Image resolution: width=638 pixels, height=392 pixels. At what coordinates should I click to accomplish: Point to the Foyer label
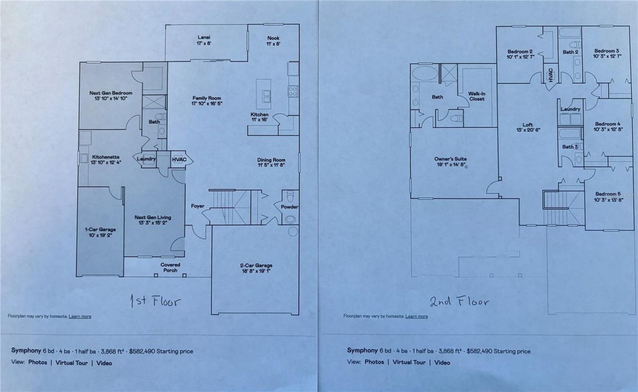click(x=198, y=206)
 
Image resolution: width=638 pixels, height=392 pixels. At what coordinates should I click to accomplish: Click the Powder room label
click(x=289, y=206)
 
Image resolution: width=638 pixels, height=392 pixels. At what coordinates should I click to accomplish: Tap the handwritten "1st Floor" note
click(x=155, y=301)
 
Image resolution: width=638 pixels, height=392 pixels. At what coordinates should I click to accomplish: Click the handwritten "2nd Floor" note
click(x=459, y=301)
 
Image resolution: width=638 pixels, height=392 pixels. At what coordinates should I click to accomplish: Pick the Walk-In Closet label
click(x=477, y=96)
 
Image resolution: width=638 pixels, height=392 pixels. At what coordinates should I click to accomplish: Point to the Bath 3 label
click(x=570, y=146)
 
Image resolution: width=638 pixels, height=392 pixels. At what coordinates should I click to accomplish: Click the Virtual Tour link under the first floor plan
click(x=72, y=363)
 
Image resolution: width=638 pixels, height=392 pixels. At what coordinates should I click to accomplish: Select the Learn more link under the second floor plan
click(x=416, y=316)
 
